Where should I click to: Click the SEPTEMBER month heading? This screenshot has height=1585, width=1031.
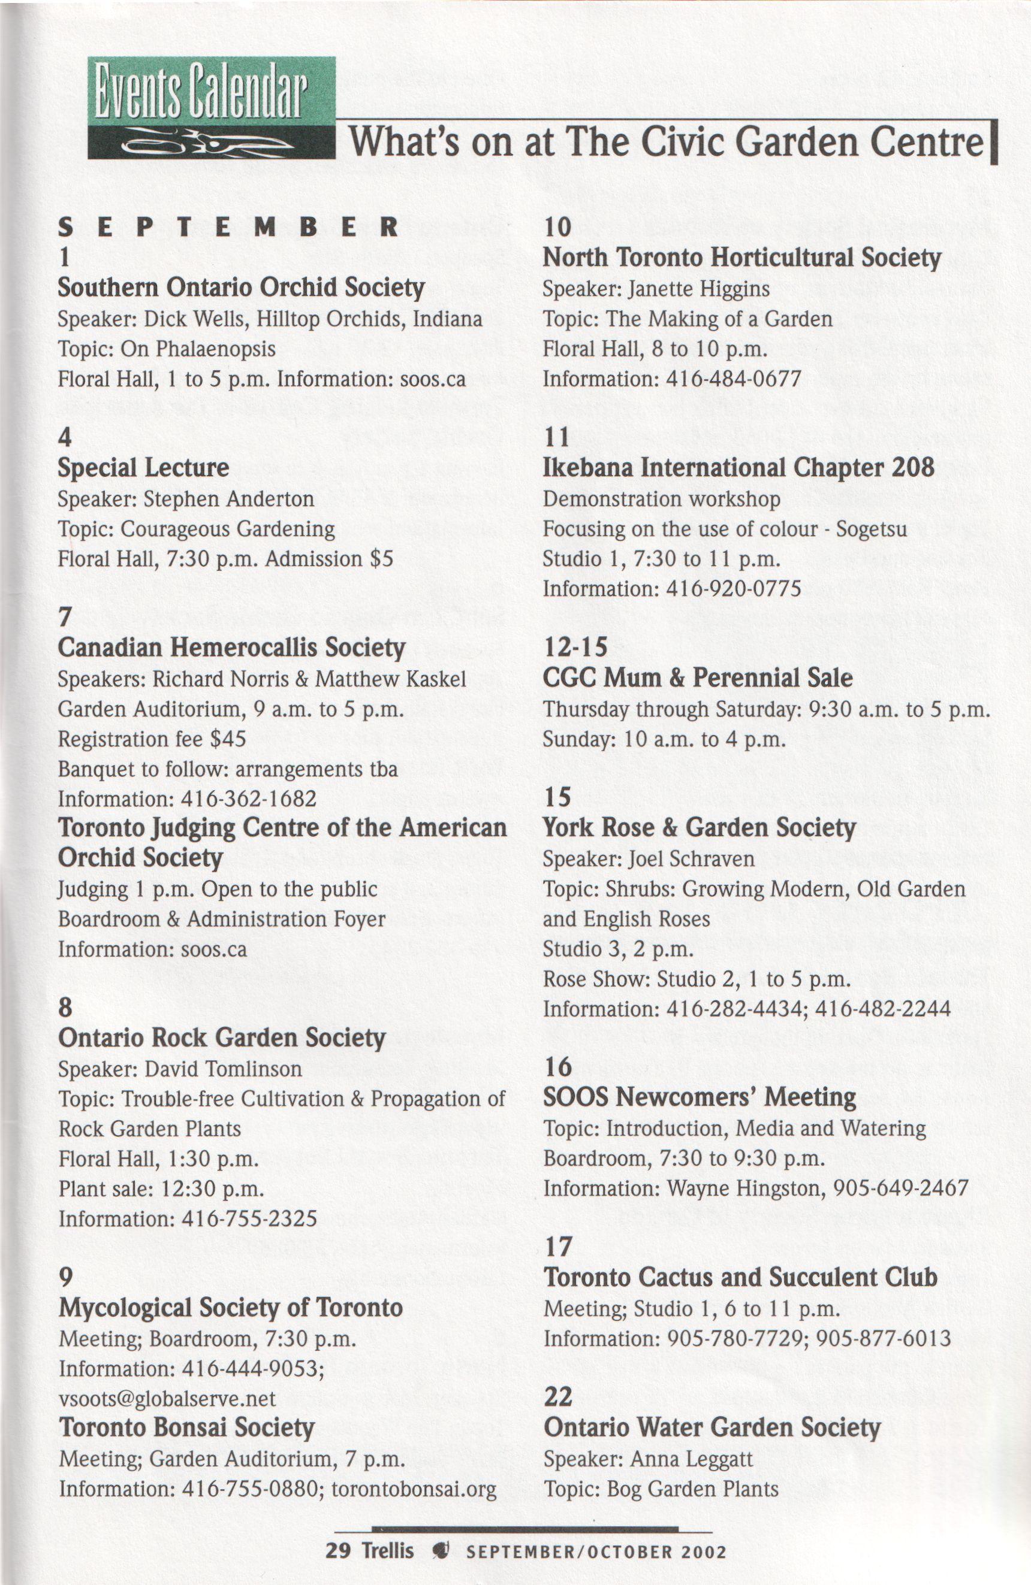[228, 228]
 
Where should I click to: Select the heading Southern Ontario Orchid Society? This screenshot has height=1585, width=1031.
[241, 288]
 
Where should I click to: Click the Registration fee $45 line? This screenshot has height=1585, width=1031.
[152, 739]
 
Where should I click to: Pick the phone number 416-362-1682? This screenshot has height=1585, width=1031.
[249, 798]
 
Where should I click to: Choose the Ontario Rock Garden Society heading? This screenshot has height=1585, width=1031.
[222, 1037]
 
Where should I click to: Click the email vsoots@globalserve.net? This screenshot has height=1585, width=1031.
[167, 1398]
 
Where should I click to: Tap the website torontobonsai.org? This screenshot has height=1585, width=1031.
[414, 1489]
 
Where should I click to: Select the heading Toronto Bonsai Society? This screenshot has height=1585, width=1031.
[186, 1428]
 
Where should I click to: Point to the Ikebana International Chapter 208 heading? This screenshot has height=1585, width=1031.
[738, 467]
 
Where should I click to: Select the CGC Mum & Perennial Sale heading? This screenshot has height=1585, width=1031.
[697, 678]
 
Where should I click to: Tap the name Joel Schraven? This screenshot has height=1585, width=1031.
[691, 859]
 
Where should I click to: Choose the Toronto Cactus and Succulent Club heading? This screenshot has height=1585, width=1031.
[740, 1277]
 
